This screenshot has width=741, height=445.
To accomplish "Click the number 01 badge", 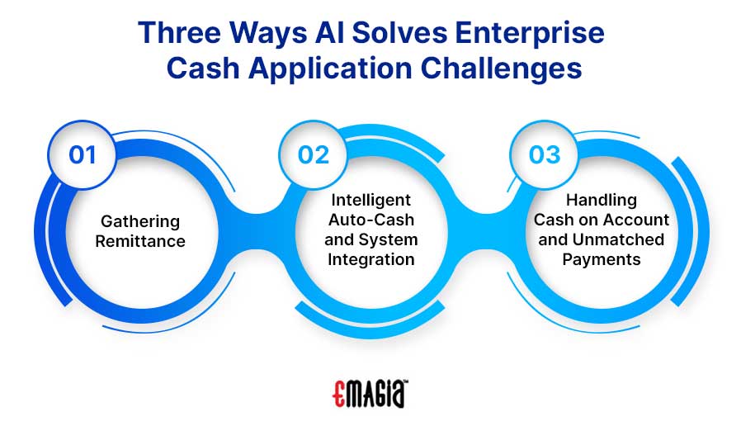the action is [83, 155].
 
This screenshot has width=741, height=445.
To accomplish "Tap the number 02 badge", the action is [313, 155].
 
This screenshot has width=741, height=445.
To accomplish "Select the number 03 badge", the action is [544, 155].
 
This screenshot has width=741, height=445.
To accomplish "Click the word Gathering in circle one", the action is [140, 221].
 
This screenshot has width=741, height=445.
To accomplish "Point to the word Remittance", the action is [140, 241].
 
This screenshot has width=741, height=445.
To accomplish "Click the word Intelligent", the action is [371, 200].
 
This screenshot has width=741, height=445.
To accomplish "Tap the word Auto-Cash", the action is [371, 220].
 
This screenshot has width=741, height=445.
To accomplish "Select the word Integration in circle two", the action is [371, 259].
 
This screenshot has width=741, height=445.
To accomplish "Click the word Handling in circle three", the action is [602, 200].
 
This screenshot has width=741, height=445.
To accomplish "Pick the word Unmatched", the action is [618, 239].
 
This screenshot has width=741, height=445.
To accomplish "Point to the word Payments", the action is [602, 259].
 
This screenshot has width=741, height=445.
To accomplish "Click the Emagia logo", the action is [370, 394].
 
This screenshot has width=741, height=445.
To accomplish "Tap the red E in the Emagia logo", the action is [338, 394].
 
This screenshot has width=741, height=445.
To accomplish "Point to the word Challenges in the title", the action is [502, 69].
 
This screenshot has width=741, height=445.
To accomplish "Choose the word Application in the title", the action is [330, 69].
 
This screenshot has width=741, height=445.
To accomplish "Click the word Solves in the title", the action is [399, 33].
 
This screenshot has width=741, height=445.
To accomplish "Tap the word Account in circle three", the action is [635, 220].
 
